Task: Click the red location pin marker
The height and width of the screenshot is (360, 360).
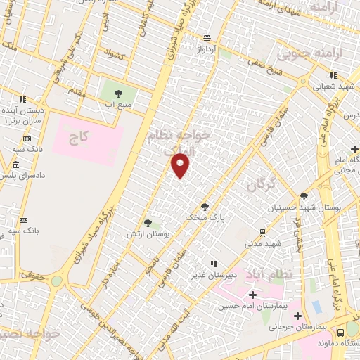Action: [x=181, y=165]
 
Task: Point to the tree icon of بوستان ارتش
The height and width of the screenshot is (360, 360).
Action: [x=148, y=223]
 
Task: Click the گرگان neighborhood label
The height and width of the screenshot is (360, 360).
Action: [x=260, y=185]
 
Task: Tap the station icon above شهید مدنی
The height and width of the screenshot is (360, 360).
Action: [x=262, y=231]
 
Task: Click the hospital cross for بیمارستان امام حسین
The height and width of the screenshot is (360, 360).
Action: [x=252, y=294]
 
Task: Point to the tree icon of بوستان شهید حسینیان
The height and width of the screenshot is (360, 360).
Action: [x=303, y=197]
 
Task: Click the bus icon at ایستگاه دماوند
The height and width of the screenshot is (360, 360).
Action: [x=340, y=332]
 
